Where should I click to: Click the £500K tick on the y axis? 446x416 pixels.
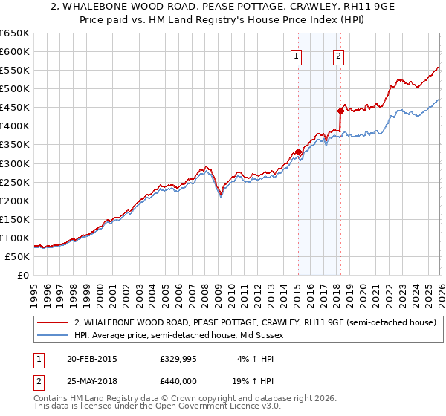(15, 89)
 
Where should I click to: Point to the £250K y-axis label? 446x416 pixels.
(15, 182)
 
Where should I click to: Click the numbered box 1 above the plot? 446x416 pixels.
(297, 55)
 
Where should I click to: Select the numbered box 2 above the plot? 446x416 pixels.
(338, 55)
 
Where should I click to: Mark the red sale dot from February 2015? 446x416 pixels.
(298, 152)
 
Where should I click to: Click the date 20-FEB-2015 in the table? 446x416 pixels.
(91, 359)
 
